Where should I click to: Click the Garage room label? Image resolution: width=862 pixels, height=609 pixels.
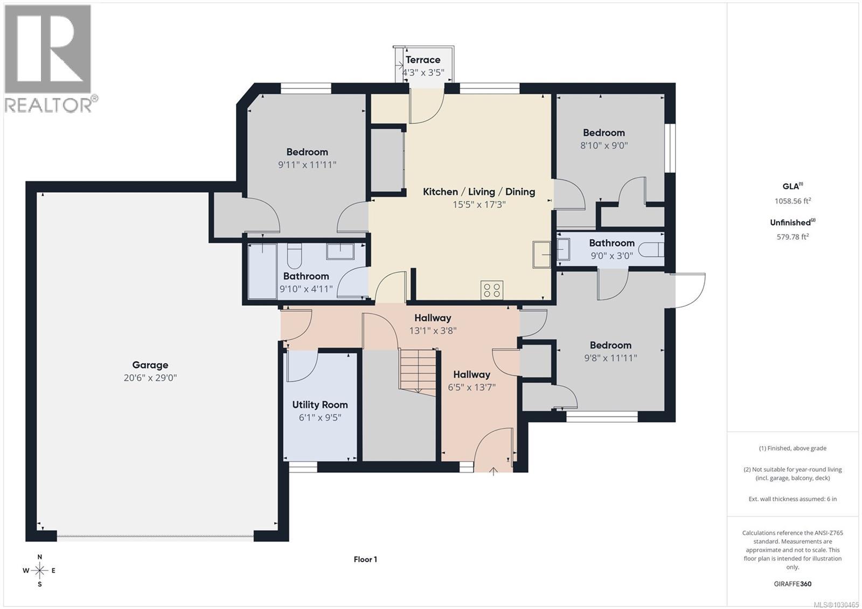coord(150,365)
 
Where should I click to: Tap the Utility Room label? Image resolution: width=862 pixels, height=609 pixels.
coord(320,404)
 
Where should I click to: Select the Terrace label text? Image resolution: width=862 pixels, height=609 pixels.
coord(423,60)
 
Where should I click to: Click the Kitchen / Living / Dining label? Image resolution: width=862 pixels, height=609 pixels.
coord(479,192)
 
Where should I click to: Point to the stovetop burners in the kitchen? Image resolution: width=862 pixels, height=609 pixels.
coord(492,290)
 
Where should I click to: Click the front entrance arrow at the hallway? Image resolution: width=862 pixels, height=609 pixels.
coord(493,472)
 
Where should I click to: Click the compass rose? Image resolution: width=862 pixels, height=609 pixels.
coord(39,570)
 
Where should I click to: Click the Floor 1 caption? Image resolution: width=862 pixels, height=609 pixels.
coord(365,559)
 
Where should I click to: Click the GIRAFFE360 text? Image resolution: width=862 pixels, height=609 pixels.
coord(793,584)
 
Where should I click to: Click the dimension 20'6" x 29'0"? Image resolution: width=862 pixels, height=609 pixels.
coord(150,377)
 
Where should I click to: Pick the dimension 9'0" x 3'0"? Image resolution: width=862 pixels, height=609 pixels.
coord(611,256)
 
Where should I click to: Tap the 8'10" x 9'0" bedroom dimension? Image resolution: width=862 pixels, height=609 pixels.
coord(604,145)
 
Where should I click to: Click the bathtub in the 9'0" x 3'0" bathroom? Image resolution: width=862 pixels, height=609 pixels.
coord(651,250)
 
